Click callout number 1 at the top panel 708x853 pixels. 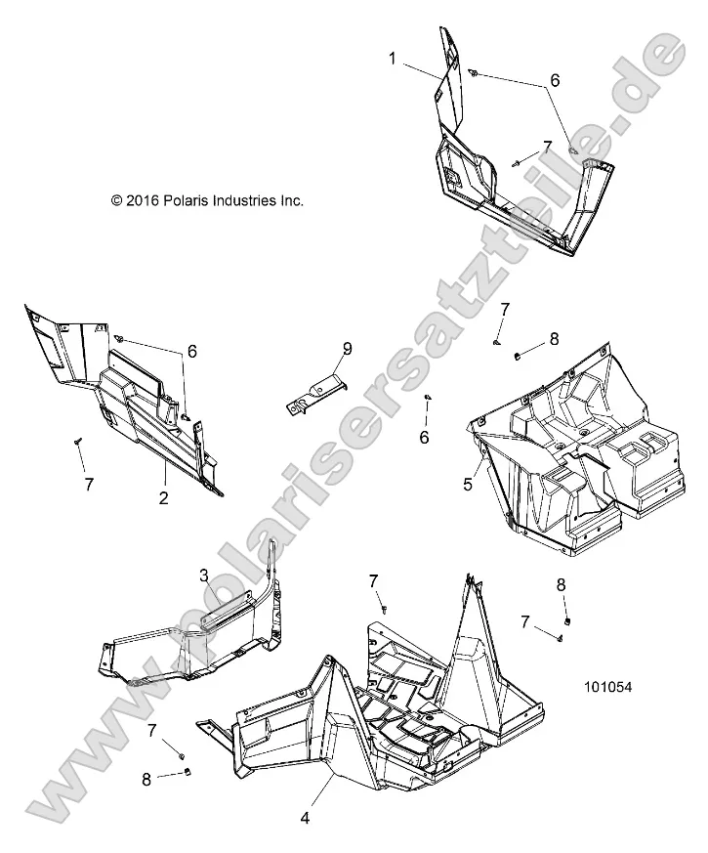[393, 59]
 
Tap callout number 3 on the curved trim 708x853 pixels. [204, 576]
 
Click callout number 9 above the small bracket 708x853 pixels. [346, 349]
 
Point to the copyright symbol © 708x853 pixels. [117, 200]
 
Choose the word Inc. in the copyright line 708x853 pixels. [293, 200]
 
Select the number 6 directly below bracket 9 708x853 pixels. [424, 438]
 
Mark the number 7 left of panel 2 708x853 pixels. [89, 484]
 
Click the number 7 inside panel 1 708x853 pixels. [547, 147]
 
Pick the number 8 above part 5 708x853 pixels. [554, 339]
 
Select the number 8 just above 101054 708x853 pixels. [561, 584]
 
